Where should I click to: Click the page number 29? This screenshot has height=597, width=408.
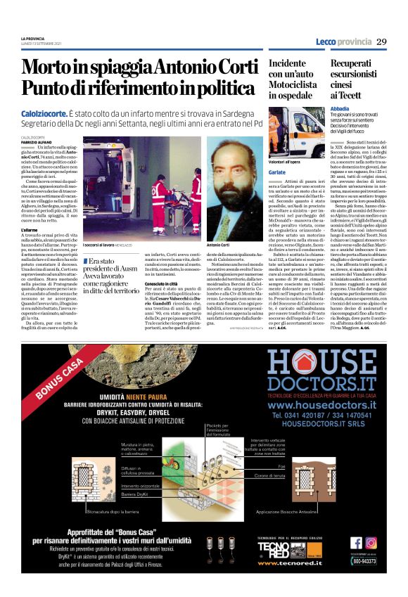[381, 41]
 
